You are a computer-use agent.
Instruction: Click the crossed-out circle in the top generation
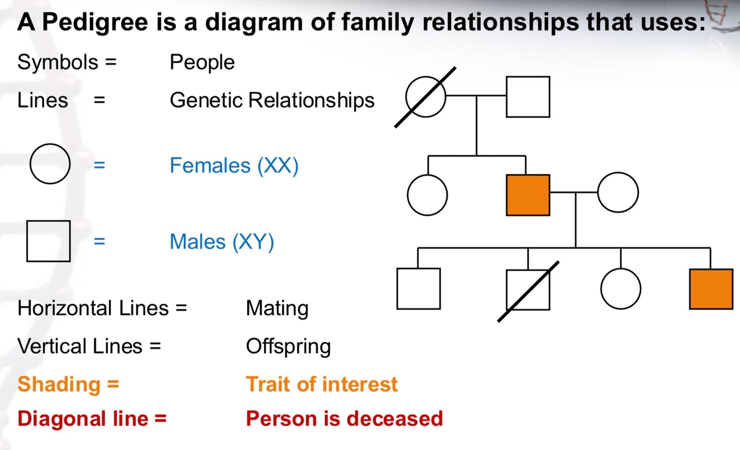(425, 97)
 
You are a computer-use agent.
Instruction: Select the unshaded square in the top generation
(528, 97)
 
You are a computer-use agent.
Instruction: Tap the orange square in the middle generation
(528, 195)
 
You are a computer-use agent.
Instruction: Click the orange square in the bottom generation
(711, 289)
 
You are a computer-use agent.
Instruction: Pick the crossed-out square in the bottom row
(528, 289)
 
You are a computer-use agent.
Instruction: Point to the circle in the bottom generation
(620, 289)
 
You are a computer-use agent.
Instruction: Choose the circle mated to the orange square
(618, 193)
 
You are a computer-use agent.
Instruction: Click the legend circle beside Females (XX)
(50, 164)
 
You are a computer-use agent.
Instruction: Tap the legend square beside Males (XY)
(48, 241)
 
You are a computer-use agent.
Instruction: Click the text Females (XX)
(234, 165)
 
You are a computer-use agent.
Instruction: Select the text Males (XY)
(221, 242)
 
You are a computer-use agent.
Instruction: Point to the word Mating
(277, 308)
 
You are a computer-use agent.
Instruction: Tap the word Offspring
(288, 346)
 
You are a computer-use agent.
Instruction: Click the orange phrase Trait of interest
(321, 384)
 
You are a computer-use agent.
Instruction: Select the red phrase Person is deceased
(344, 418)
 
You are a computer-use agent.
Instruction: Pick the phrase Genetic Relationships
(272, 100)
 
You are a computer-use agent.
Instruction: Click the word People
(202, 62)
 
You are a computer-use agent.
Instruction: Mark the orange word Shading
(59, 384)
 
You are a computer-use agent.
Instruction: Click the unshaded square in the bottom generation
(418, 289)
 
